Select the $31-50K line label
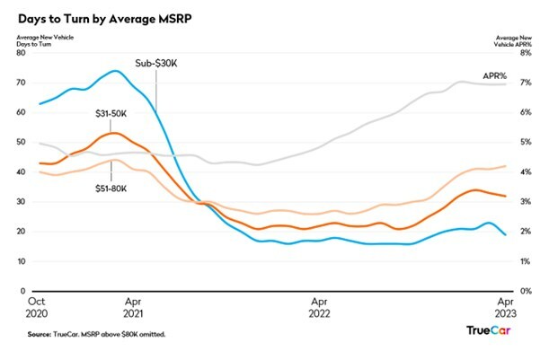click(111, 113)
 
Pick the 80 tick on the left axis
click(21, 53)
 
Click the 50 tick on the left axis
click(21, 143)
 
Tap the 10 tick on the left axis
click(21, 261)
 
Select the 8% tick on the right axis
click(524, 53)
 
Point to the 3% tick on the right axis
click(524, 202)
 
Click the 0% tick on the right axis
click(524, 291)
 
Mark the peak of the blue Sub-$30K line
click(115, 71)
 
